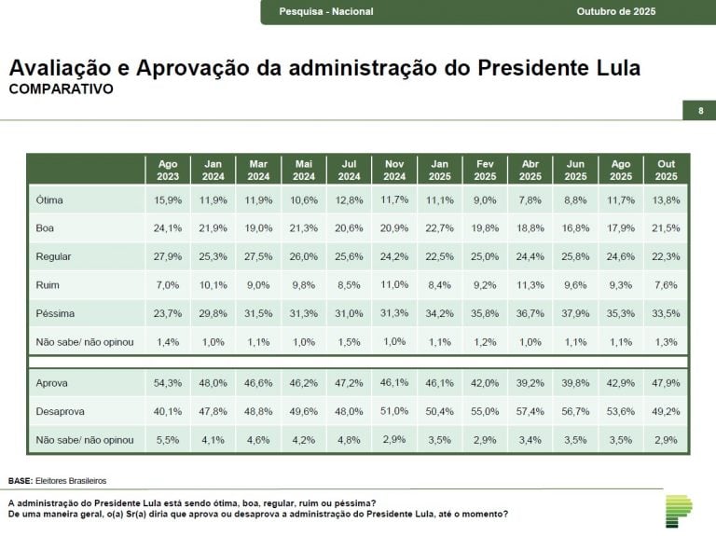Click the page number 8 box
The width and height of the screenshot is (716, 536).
[x=700, y=112]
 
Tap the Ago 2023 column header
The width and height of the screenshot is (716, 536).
[x=168, y=170]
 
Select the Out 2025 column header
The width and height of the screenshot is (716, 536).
[x=666, y=170]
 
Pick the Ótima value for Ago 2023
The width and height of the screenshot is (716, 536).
[x=168, y=199]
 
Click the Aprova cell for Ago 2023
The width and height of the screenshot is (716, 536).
[x=168, y=383]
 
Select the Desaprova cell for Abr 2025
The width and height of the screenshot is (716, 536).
[x=530, y=411]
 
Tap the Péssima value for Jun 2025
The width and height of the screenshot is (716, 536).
[x=575, y=313]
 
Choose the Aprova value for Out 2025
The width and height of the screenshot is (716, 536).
[x=666, y=383]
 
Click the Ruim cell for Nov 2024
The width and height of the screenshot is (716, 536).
[x=394, y=283]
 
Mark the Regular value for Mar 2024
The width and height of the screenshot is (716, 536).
[x=258, y=256]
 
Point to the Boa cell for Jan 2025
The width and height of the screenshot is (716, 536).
[x=439, y=227]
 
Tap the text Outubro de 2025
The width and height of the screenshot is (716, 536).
[x=616, y=11]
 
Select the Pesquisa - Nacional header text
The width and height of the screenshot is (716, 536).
[x=326, y=11]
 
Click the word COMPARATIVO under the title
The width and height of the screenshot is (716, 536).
[x=61, y=89]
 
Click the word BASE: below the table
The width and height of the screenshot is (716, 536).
[x=20, y=481]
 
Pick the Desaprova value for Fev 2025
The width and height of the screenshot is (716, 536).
[x=485, y=411]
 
